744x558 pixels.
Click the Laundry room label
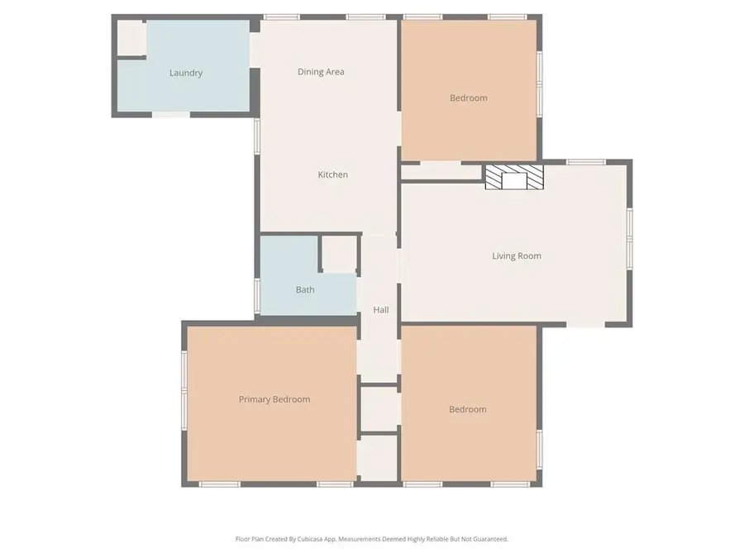[x=186, y=73]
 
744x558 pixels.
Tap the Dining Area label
[x=321, y=72]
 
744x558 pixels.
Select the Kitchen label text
[x=332, y=174]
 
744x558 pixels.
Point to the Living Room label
[x=516, y=256]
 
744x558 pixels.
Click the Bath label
[x=305, y=289]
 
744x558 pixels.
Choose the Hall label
[x=381, y=310]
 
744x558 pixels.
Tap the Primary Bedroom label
[x=274, y=399]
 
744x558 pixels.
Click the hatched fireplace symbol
[x=514, y=177]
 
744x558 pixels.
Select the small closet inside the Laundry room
[x=131, y=38]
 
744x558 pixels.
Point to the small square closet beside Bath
[x=340, y=254]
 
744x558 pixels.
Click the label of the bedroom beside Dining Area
[x=469, y=98]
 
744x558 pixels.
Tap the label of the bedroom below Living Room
[x=467, y=409]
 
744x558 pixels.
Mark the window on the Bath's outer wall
[x=257, y=296]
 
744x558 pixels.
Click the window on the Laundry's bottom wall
[x=171, y=114]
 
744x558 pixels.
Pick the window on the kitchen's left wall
[x=257, y=136]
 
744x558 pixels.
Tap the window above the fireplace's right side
[x=585, y=162]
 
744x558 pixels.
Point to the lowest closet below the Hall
[x=377, y=457]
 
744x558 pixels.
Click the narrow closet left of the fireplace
[x=441, y=172]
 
